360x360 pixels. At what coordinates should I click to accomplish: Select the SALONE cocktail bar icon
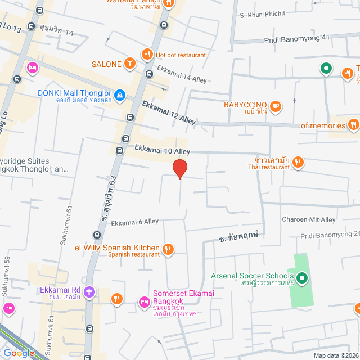130,64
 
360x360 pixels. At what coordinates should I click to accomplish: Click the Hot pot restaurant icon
147,55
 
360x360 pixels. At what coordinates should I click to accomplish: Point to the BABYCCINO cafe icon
275,105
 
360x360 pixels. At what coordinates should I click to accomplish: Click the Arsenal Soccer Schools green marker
302,277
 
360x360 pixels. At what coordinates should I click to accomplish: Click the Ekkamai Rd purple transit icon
89,292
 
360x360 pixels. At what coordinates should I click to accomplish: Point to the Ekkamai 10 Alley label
163,151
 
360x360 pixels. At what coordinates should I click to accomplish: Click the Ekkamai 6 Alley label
135,222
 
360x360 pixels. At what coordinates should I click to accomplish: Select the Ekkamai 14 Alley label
182,75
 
